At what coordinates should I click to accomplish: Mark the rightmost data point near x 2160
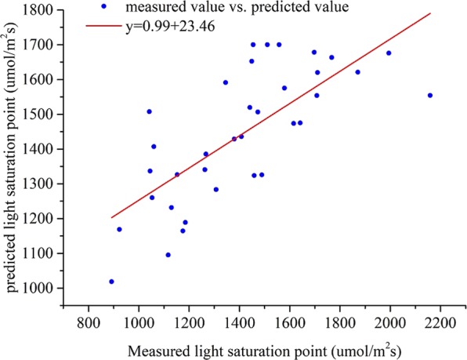click(x=430, y=96)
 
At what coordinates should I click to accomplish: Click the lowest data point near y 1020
click(x=111, y=282)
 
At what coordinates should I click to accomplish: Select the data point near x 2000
click(x=389, y=53)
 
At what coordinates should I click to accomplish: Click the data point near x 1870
click(x=358, y=72)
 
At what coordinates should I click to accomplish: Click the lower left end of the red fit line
click(x=111, y=217)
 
